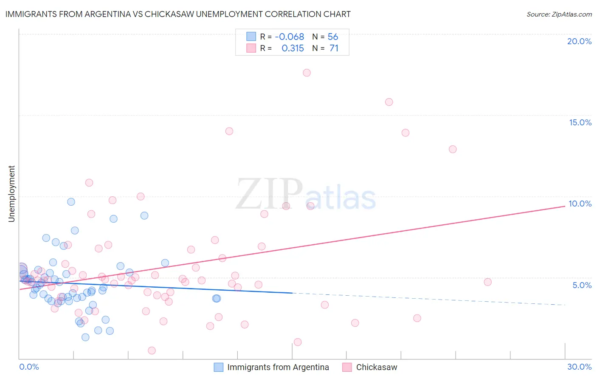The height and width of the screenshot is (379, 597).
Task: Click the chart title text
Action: [x=178, y=14]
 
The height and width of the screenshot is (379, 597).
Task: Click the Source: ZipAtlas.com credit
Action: [x=559, y=14]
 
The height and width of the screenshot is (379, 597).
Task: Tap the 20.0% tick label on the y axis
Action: [x=579, y=41]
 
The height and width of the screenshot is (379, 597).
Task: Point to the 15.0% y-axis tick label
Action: [x=580, y=122]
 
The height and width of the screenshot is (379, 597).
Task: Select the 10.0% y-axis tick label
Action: [x=580, y=204]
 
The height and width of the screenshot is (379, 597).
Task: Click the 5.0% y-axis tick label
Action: [x=582, y=285]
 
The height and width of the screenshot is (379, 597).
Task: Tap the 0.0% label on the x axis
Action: [x=29, y=367]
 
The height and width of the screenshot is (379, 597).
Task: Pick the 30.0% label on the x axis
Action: [x=579, y=367]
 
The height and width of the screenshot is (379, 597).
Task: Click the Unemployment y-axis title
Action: [x=11, y=194]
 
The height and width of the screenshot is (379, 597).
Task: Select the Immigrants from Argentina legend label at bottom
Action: [x=278, y=367]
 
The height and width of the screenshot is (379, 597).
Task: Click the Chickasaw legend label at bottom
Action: [x=377, y=367]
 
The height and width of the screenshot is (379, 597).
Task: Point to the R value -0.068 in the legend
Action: [x=290, y=37]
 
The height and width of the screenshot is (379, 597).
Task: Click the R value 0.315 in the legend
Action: [x=293, y=48]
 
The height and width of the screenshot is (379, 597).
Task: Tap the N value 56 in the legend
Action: [x=333, y=37]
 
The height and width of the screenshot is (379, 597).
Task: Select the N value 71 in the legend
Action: [x=334, y=48]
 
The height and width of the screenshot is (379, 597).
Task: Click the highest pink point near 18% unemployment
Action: [x=307, y=73]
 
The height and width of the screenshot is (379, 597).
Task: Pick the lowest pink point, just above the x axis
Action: [x=152, y=351]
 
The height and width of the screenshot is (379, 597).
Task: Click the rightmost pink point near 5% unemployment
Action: [x=487, y=282]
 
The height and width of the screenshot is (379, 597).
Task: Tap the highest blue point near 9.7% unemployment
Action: [x=71, y=202]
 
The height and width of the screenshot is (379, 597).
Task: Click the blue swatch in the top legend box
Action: [x=251, y=37]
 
